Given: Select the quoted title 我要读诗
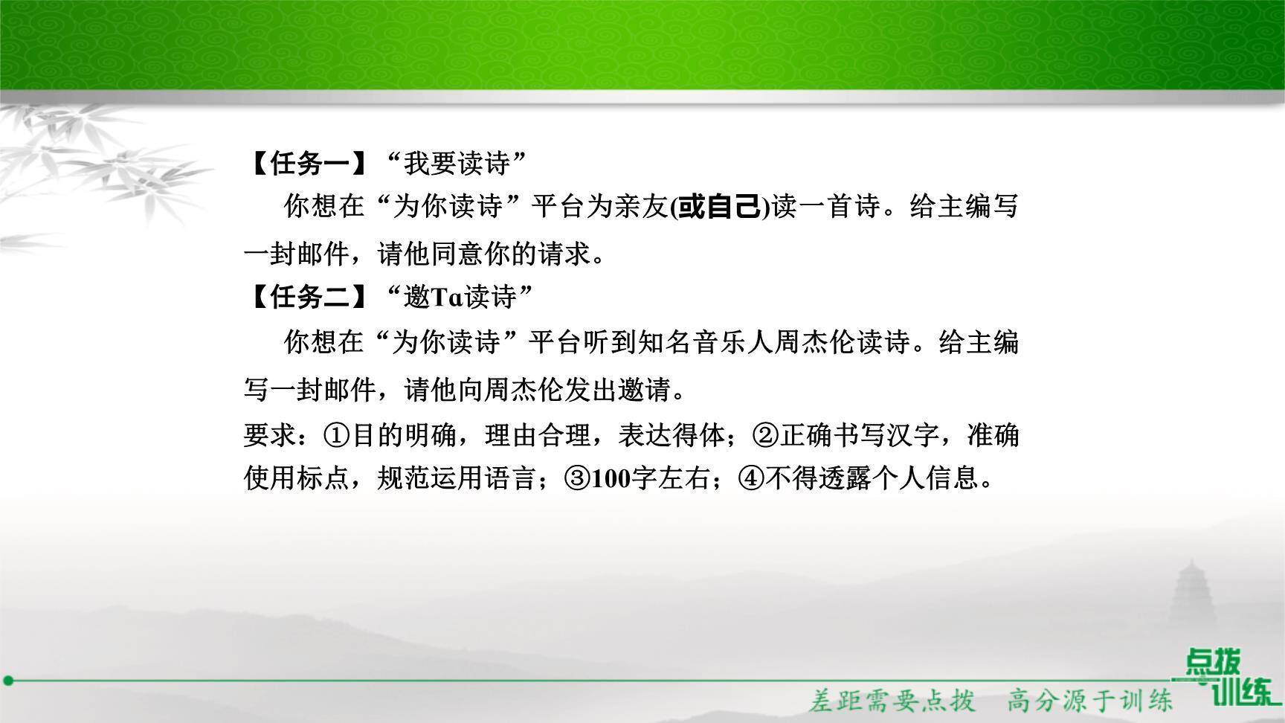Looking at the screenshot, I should [x=457, y=164].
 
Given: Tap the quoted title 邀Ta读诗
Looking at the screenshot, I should [x=460, y=298].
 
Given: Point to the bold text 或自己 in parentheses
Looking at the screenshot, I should [x=718, y=207].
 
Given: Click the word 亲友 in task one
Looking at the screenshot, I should [x=642, y=207].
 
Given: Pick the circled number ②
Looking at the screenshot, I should [x=766, y=435].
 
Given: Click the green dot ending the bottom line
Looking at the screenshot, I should [x=9, y=680].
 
